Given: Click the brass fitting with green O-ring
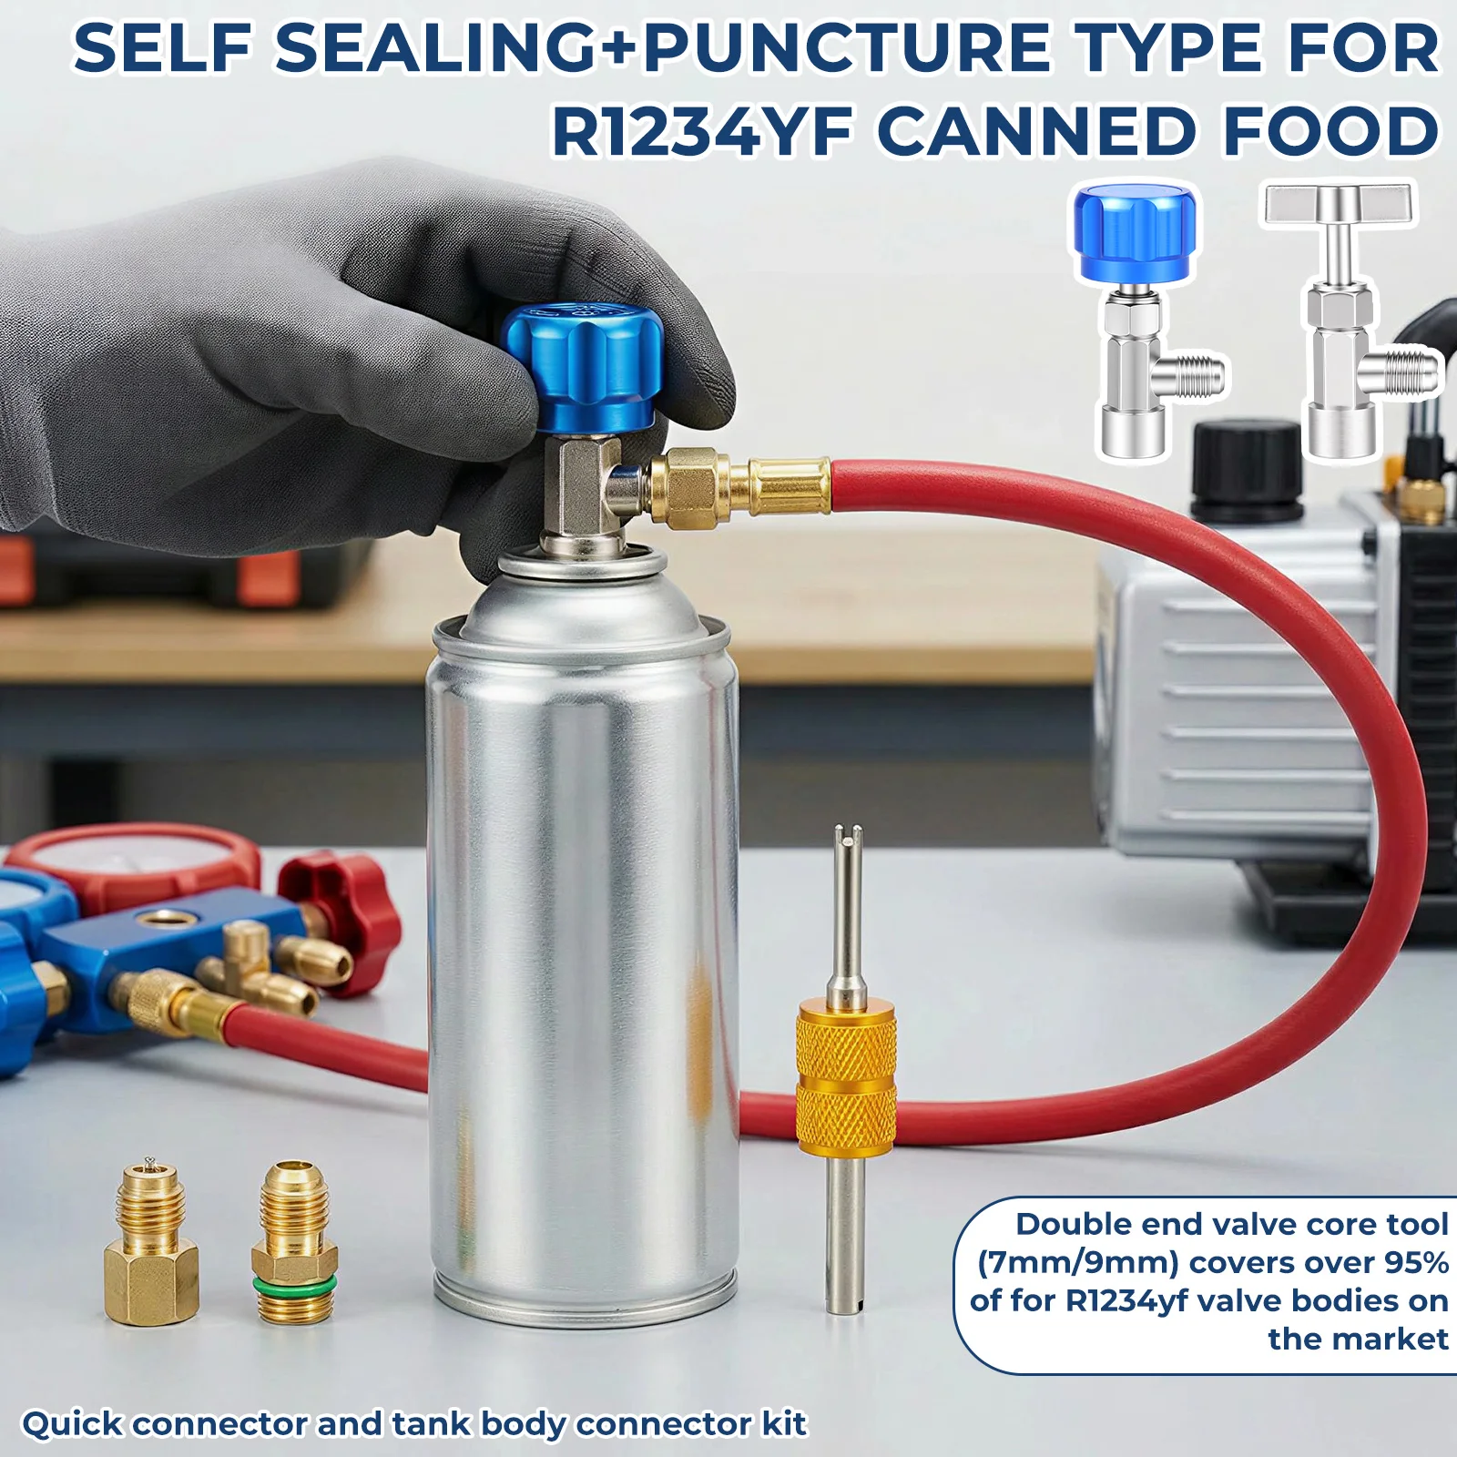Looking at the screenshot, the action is pos(293,1239).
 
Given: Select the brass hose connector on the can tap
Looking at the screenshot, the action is pos(738,484).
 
